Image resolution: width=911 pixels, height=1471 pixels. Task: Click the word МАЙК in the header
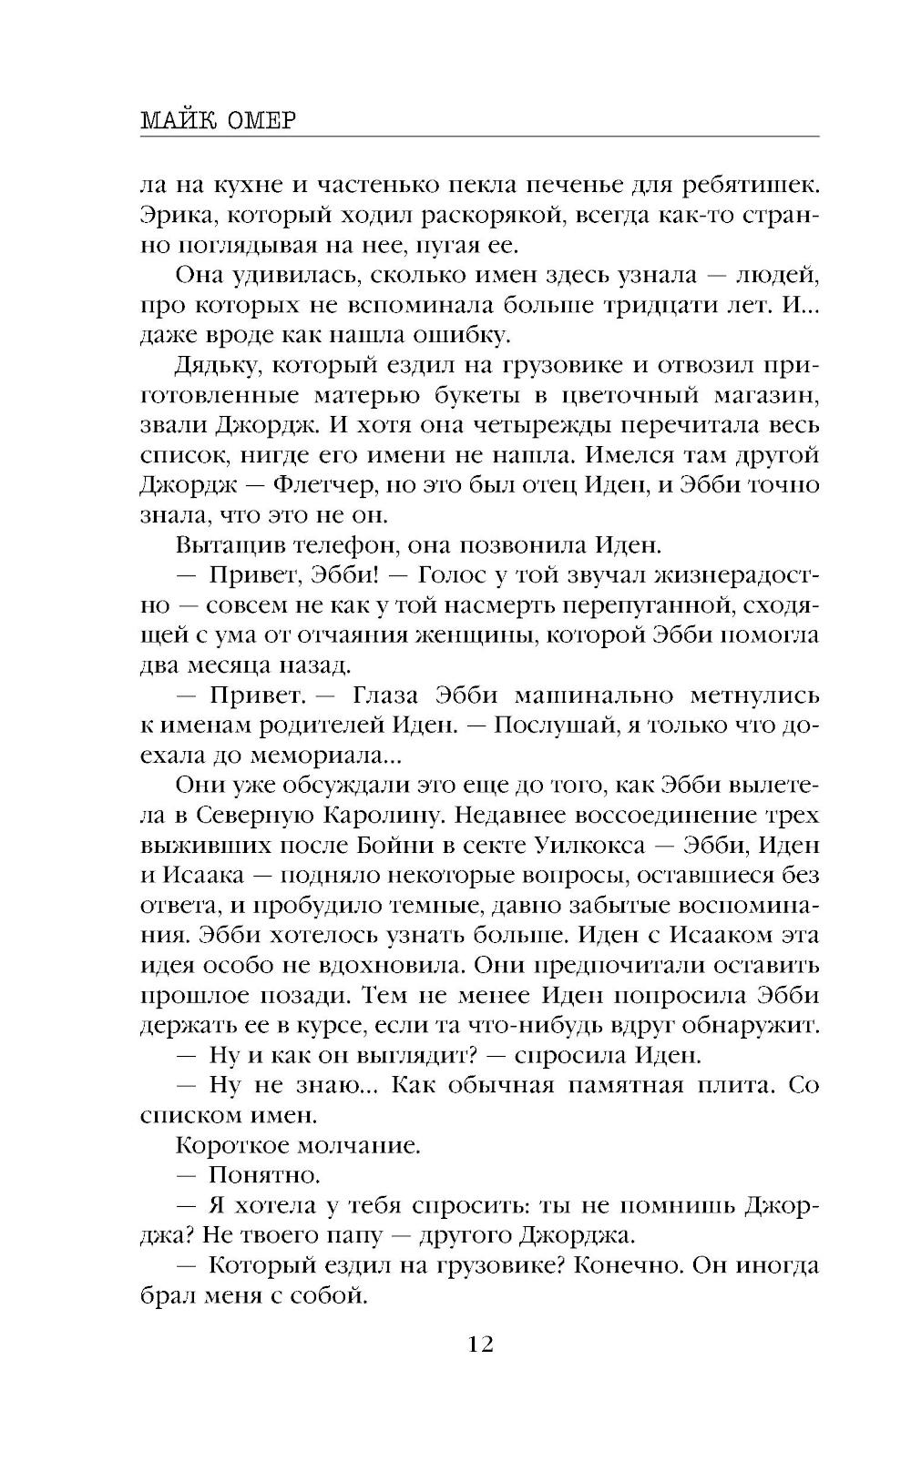[x=177, y=120]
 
